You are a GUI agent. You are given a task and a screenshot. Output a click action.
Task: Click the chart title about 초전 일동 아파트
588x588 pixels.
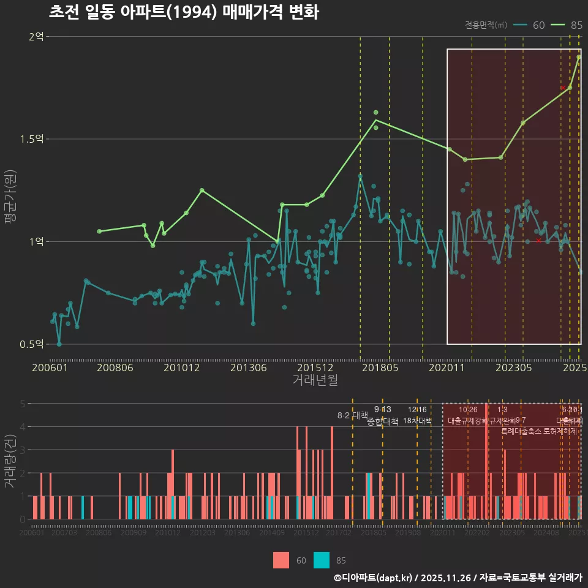point(183,13)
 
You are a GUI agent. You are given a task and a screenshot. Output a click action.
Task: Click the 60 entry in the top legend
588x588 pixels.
point(538,25)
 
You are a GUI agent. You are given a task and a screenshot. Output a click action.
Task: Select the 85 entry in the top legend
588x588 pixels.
point(576,25)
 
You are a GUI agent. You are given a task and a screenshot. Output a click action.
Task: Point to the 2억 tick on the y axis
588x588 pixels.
point(36,37)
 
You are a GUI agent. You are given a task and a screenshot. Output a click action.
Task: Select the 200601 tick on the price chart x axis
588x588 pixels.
point(50,367)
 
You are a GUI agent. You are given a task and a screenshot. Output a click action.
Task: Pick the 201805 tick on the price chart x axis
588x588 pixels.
point(379,367)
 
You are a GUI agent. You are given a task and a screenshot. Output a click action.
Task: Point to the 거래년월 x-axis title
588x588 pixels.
point(315,380)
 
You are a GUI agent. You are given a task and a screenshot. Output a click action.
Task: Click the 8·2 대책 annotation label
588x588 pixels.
point(352,415)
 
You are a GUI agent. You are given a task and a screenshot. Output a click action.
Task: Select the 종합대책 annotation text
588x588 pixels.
point(383,421)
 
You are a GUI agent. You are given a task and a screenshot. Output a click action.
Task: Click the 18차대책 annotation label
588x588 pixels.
point(417,421)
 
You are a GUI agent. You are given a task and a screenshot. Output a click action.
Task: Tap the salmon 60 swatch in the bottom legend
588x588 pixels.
point(281,560)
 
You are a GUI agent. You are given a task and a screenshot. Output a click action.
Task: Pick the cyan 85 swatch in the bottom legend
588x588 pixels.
point(322,560)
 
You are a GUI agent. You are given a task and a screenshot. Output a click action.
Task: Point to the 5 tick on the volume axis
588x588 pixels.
point(22,404)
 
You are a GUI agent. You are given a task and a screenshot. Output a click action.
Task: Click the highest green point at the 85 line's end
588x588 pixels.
point(579,57)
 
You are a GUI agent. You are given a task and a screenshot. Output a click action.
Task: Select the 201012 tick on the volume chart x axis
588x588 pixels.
point(168,533)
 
